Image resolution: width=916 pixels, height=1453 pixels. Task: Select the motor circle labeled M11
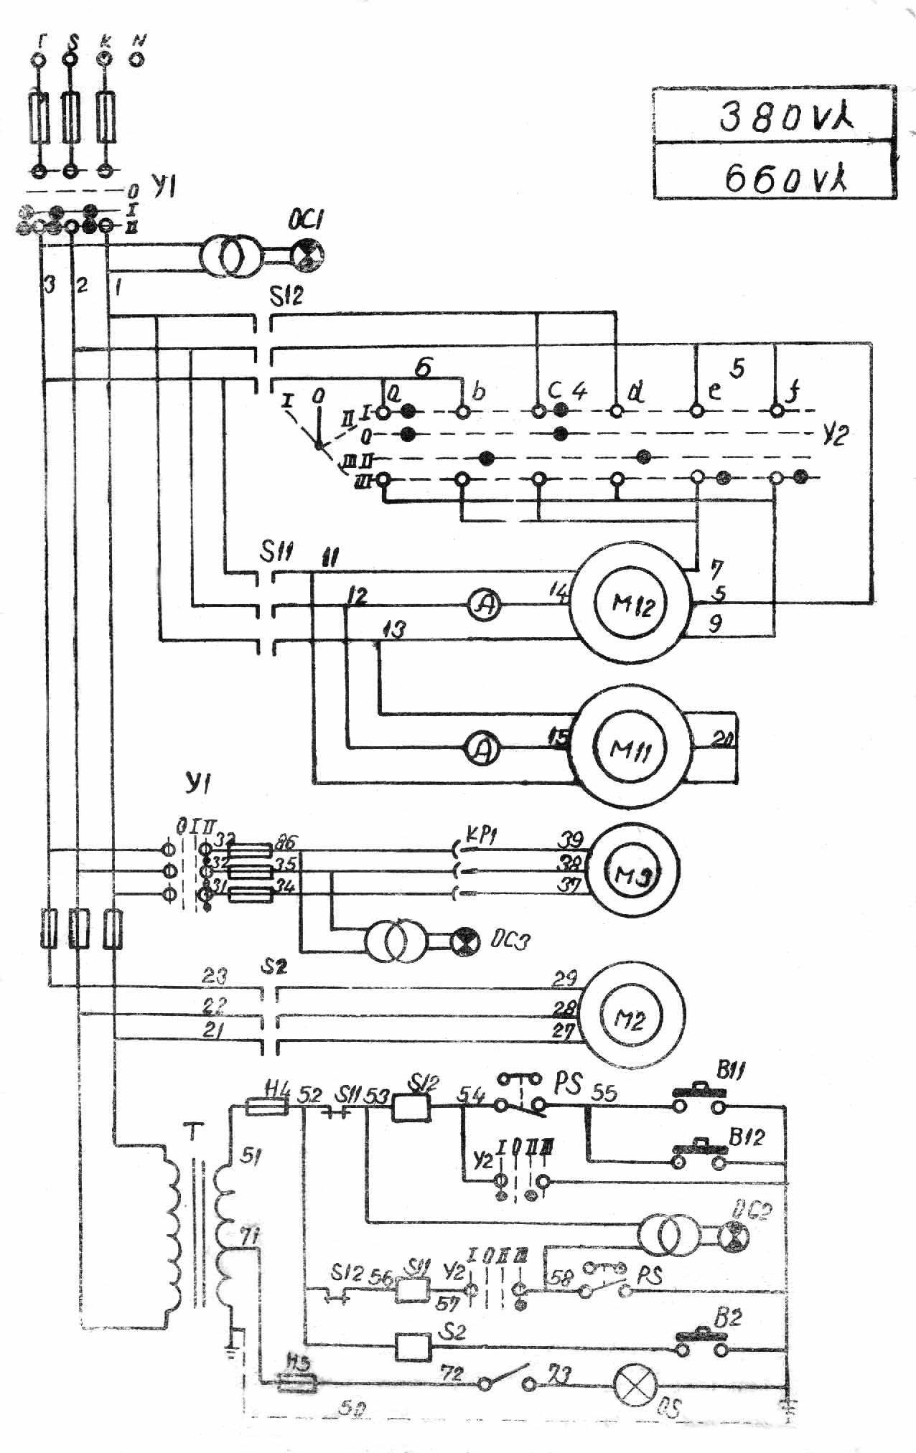pyautogui.click(x=630, y=748)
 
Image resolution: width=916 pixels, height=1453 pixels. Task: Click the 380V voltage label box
pyautogui.click(x=774, y=116)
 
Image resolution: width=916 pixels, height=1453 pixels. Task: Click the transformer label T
pyautogui.click(x=194, y=1132)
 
